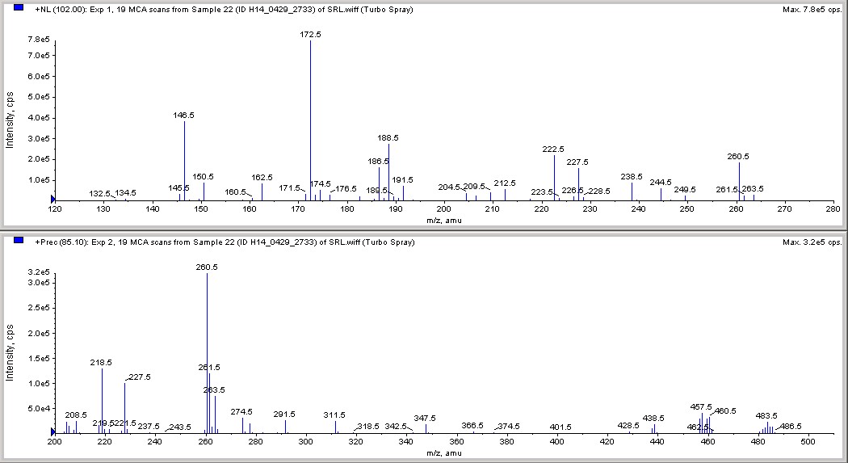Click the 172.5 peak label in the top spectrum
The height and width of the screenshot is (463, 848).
(x=310, y=34)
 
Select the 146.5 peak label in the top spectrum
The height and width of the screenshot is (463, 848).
(x=183, y=115)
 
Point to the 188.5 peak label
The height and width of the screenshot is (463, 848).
(x=388, y=138)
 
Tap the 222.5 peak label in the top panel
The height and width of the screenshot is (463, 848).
(x=553, y=149)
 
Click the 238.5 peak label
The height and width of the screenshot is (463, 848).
(x=632, y=176)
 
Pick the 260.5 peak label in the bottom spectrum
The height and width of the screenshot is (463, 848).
(x=207, y=267)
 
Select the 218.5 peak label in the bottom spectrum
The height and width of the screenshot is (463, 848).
(x=102, y=363)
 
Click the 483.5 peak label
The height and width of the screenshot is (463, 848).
(x=767, y=415)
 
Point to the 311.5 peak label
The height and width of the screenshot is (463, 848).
(x=334, y=415)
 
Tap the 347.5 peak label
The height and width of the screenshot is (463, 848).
(x=425, y=418)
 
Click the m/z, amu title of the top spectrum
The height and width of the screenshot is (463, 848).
(x=444, y=219)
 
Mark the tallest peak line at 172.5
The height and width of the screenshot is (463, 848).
(x=310, y=121)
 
